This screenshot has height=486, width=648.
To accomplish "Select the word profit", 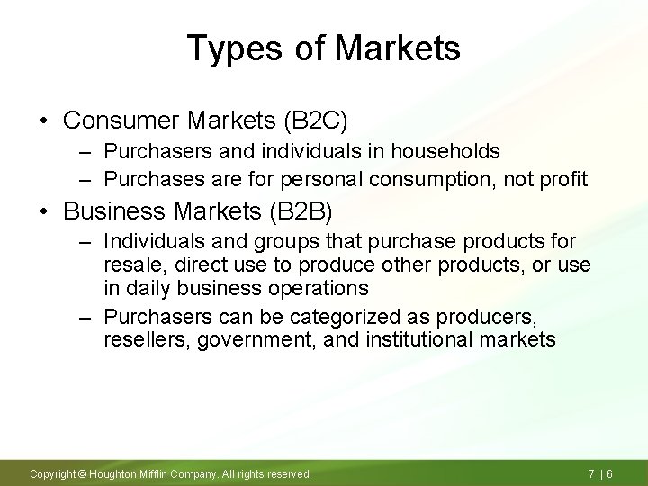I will [563, 179].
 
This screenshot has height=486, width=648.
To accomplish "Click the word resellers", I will [142, 339].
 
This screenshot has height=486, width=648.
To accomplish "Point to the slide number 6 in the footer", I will [610, 473].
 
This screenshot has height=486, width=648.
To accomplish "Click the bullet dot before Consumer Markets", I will [42, 121].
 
